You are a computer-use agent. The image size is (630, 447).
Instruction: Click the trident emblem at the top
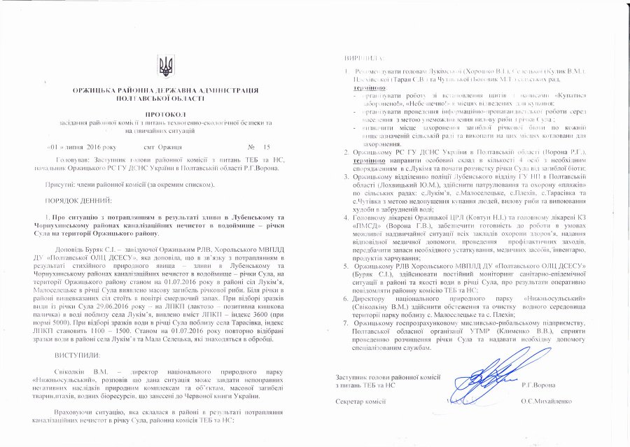pyautogui.click(x=166, y=66)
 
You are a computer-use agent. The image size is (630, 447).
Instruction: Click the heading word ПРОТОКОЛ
pyautogui.click(x=166, y=113)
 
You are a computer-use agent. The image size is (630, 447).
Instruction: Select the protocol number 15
pyautogui.click(x=266, y=148)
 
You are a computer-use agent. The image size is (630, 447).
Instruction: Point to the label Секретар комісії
pyautogui.click(x=361, y=402)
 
